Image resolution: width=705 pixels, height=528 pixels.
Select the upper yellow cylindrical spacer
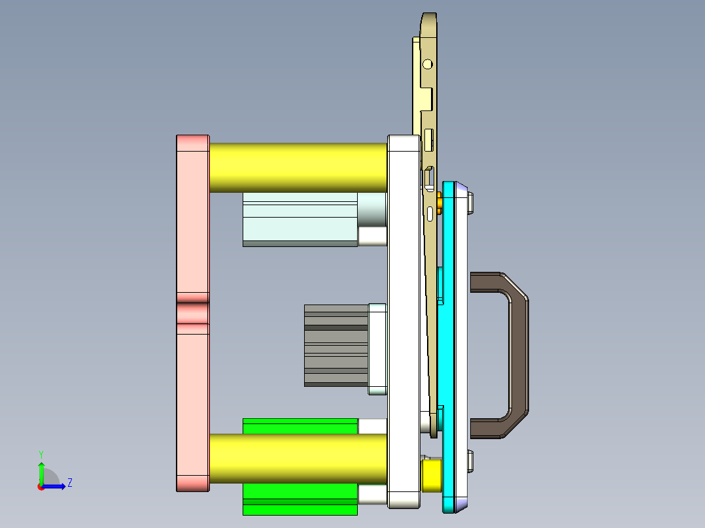298,167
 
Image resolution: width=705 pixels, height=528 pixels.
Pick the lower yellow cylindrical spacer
298,459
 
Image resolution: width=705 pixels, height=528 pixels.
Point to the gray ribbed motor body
336,346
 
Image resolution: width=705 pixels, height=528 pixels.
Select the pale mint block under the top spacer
300,220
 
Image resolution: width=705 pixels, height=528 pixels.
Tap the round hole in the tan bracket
428,64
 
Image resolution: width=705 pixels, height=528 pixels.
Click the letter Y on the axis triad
41,454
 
